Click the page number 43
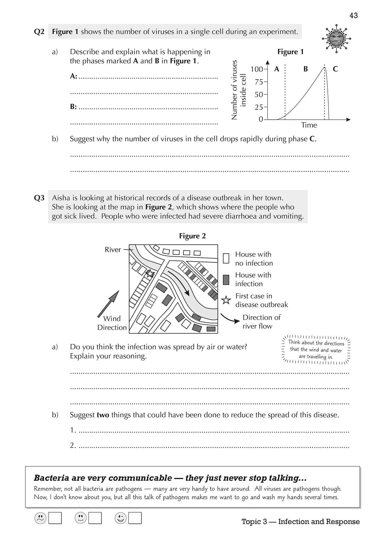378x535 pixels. [353, 16]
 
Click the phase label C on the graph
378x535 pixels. [335, 69]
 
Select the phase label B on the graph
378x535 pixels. [305, 69]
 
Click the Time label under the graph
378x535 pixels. [309, 125]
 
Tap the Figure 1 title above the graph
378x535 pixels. [290, 52]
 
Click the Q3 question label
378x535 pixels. [39, 198]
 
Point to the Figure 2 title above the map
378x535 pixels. [192, 236]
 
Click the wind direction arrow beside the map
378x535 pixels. [109, 303]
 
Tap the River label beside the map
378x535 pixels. [113, 250]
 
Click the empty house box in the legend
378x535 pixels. [226, 259]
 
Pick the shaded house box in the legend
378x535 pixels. [226, 279]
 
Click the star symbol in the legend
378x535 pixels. [226, 300]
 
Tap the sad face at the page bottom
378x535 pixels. [40, 518]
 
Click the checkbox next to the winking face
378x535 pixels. [135, 518]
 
